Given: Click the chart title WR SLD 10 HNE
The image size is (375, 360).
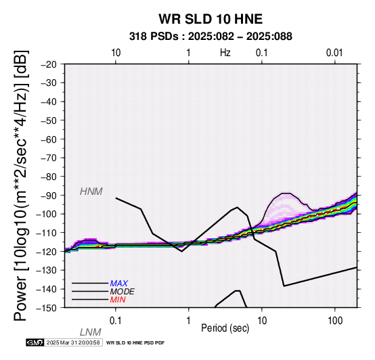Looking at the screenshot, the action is [x=211, y=19].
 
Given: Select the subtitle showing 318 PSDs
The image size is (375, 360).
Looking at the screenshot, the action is [x=211, y=37].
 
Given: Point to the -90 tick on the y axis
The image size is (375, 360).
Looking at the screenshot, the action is [x=49, y=196].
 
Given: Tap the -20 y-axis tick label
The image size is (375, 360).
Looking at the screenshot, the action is [x=49, y=64].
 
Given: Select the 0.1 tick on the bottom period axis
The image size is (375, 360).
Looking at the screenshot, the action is [x=116, y=321].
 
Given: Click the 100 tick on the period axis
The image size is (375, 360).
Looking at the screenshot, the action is [x=335, y=321].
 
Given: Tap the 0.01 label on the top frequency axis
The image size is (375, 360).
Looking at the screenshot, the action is [x=334, y=53].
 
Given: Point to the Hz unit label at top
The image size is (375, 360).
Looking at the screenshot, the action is [x=225, y=53].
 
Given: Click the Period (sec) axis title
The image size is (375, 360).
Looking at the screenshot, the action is [x=225, y=328].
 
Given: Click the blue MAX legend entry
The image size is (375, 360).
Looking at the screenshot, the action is [x=119, y=284].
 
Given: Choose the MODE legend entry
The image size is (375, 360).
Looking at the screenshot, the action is [x=123, y=292].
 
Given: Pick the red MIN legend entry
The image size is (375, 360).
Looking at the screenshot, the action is [x=118, y=300].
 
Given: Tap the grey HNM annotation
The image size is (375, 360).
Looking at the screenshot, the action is [x=91, y=192].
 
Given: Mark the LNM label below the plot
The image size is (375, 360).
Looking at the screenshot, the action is [x=91, y=332].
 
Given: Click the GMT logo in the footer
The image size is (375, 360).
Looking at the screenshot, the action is [x=35, y=342].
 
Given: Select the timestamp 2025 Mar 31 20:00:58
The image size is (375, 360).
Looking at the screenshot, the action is [x=73, y=342].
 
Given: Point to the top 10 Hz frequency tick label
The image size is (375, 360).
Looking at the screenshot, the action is [x=116, y=53].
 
